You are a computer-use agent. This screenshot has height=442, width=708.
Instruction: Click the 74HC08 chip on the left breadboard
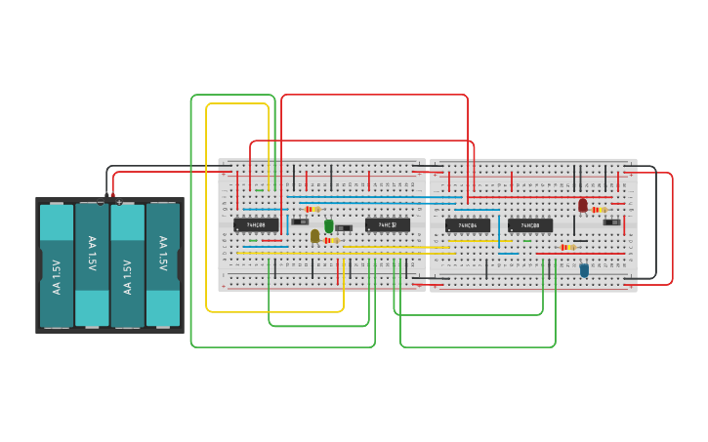pyautogui.click(x=257, y=224)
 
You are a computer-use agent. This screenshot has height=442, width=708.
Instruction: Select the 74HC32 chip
pyautogui.click(x=388, y=224)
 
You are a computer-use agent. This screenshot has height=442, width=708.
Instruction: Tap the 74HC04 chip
pyautogui.click(x=468, y=225)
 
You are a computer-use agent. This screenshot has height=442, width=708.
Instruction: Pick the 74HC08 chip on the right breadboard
pyautogui.click(x=530, y=225)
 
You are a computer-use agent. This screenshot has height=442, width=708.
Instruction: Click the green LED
pyautogui.click(x=329, y=225)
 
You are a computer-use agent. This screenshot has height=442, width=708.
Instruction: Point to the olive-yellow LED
pyautogui.click(x=314, y=235)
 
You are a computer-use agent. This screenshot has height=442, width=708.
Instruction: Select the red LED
pyautogui.click(x=583, y=205)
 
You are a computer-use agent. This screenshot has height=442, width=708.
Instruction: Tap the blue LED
pyautogui.click(x=584, y=270)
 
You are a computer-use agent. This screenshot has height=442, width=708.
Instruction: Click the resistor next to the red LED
pyautogui.click(x=600, y=210)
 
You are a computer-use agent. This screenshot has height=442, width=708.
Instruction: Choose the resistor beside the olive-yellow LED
pyautogui.click(x=330, y=240)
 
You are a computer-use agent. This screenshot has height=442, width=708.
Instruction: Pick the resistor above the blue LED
pyautogui.click(x=567, y=248)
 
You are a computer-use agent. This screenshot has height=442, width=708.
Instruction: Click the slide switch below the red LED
pyautogui.click(x=612, y=221)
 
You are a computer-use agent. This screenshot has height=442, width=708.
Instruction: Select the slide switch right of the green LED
pyautogui.click(x=344, y=228)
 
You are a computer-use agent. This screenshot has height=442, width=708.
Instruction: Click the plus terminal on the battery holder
pyautogui.click(x=119, y=202)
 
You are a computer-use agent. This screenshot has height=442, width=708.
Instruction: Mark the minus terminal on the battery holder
pyautogui.click(x=101, y=202)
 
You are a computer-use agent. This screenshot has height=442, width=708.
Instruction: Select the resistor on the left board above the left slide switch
pyautogui.click(x=312, y=209)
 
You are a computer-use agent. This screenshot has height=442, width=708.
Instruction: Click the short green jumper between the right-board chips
pyautogui.click(x=527, y=240)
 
